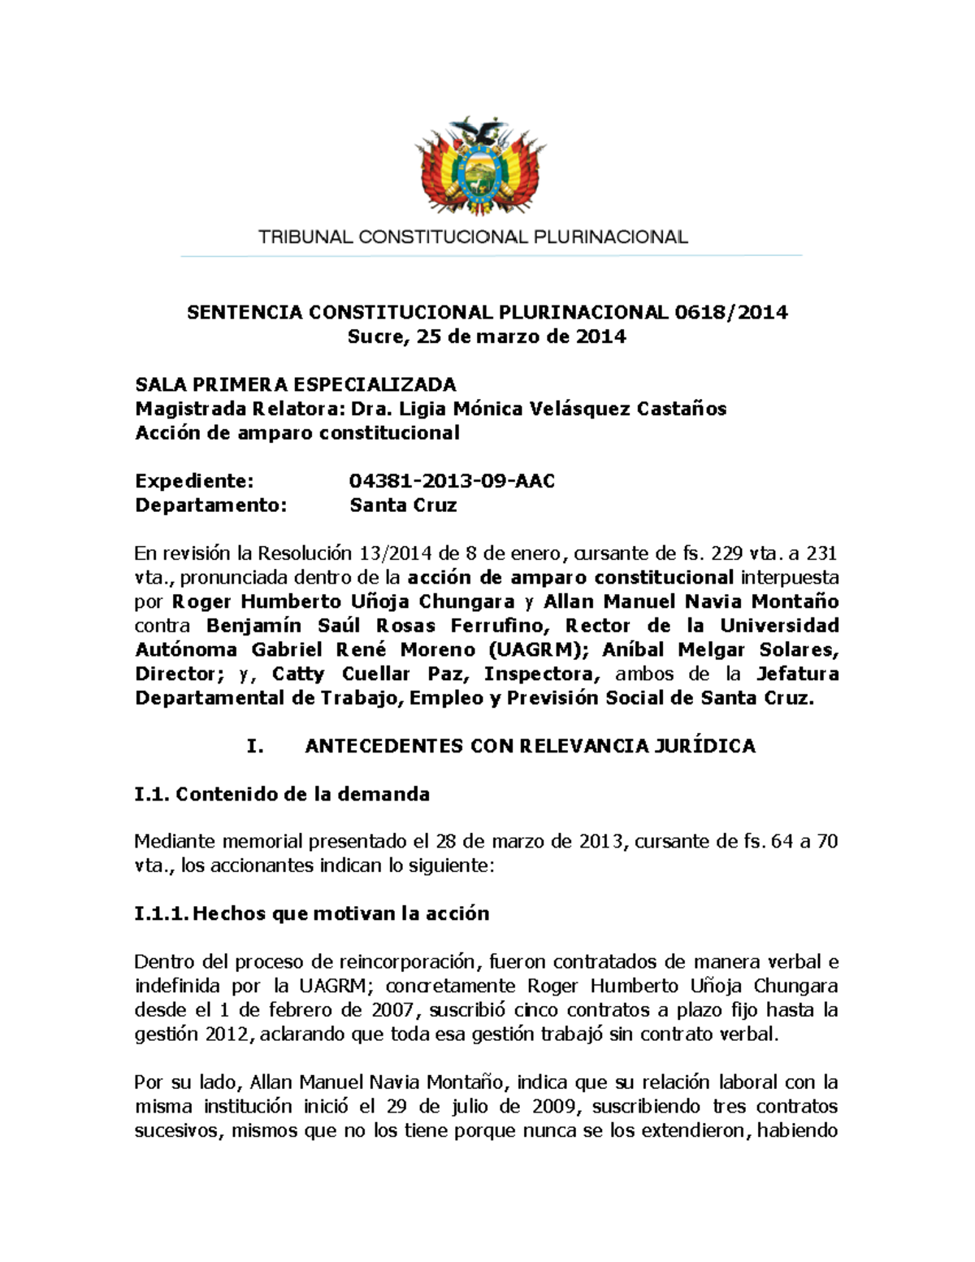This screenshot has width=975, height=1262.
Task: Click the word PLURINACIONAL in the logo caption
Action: pyautogui.click(x=610, y=237)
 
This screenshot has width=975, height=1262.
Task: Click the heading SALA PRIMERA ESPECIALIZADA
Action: pyautogui.click(x=295, y=384)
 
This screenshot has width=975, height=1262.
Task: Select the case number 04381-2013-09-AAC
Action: pyautogui.click(x=452, y=481)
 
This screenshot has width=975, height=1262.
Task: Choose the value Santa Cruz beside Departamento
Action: pyautogui.click(x=403, y=505)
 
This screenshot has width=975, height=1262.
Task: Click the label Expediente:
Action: pyautogui.click(x=194, y=481)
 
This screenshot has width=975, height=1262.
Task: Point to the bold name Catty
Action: pyautogui.click(x=297, y=674)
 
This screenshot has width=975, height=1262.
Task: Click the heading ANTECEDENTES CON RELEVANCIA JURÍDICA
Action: pyautogui.click(x=530, y=746)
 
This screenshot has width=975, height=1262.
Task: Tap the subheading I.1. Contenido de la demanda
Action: pyautogui.click(x=281, y=794)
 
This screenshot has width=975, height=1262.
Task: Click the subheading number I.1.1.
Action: pyautogui.click(x=161, y=914)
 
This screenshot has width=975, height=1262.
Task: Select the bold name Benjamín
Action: pyautogui.click(x=253, y=626)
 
